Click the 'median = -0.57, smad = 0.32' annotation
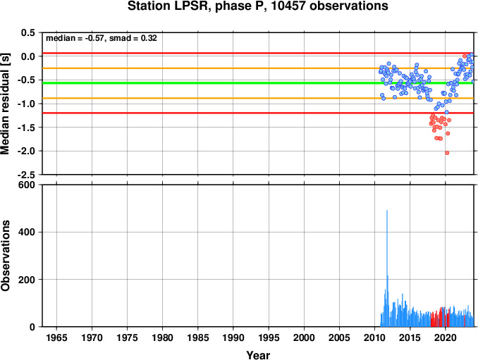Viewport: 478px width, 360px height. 102,38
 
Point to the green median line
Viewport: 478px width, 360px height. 258,83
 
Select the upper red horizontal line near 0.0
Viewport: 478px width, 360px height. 258,54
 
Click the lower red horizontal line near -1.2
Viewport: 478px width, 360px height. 258,113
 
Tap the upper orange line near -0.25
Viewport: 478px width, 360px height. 258,68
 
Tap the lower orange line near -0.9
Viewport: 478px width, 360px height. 258,98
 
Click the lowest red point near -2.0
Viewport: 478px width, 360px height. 447,153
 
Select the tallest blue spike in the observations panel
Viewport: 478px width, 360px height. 387,268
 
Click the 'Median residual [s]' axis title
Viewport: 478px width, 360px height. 5,104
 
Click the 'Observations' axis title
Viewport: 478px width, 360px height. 5,256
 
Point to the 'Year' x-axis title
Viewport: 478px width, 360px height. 258,355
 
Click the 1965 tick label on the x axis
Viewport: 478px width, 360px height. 56,337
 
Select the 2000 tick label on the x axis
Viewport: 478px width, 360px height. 304,337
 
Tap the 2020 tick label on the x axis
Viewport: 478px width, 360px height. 446,337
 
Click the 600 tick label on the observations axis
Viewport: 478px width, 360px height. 27,185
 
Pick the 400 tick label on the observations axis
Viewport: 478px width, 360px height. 27,232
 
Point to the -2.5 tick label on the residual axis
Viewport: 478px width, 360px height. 27,175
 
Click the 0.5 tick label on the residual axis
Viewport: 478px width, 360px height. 28,32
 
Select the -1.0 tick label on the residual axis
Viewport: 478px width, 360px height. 27,104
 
